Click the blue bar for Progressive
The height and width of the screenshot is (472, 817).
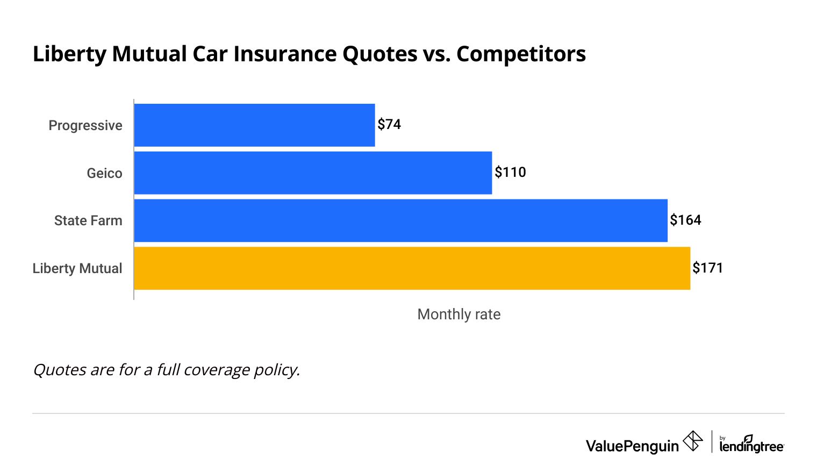[254, 125]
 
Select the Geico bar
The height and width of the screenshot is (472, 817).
[313, 173]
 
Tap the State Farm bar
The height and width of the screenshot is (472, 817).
[400, 220]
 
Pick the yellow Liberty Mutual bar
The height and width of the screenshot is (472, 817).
[412, 268]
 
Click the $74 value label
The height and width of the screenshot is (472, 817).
[389, 125]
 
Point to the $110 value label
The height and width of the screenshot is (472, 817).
[510, 173]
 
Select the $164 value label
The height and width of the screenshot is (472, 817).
[685, 220]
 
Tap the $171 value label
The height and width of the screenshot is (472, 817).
[707, 268]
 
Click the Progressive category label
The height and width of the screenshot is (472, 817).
[85, 125]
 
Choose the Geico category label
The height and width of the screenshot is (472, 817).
[104, 173]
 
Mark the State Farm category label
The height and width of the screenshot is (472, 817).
[88, 221]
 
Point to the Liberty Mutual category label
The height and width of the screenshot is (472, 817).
[77, 268]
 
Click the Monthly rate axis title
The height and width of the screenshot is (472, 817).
[458, 314]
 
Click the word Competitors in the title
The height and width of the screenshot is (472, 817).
[521, 54]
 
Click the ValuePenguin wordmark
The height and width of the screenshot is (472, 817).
[632, 446]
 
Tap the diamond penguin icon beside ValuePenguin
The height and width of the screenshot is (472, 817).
[693, 441]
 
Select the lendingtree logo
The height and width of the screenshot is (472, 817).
[751, 445]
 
